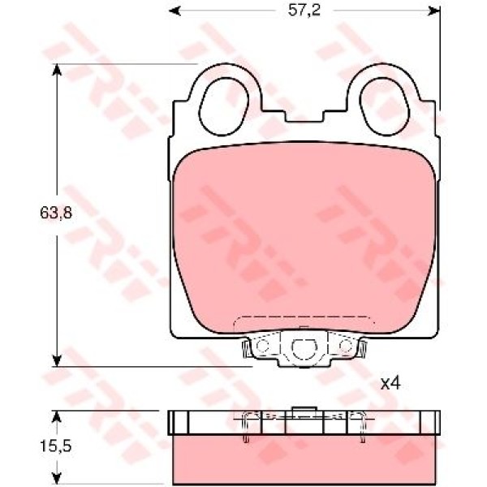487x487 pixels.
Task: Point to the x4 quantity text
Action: [391, 381]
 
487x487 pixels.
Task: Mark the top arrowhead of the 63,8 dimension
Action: [57, 69]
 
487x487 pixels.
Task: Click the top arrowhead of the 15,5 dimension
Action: [57, 416]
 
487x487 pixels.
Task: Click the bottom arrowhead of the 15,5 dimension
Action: [57, 478]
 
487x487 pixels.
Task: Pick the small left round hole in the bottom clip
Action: [261, 348]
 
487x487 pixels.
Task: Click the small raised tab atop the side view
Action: [304, 408]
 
